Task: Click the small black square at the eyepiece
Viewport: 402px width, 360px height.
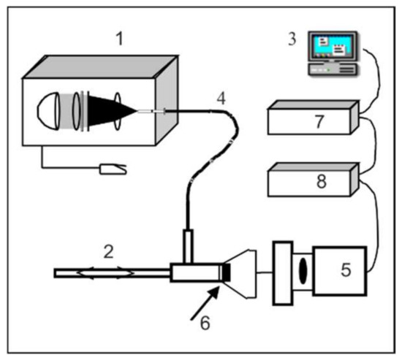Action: tap(226, 273)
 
